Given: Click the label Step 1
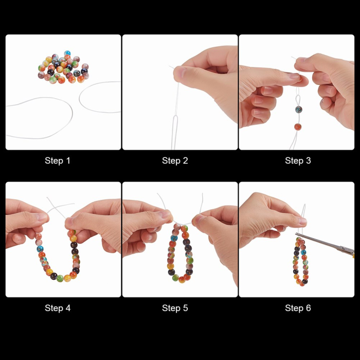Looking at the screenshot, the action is click(x=58, y=160).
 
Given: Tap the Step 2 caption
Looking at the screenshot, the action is click(x=175, y=160).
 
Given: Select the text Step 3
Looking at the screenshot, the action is click(x=298, y=160).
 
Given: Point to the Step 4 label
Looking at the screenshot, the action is click(x=58, y=308).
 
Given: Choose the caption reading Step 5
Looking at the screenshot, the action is click(x=175, y=308).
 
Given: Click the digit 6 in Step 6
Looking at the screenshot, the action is click(x=309, y=308).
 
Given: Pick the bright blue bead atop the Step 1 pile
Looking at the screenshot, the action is click(x=67, y=53).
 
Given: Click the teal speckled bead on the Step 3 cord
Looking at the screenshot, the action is click(x=298, y=109).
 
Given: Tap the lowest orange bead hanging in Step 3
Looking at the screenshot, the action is click(x=298, y=127).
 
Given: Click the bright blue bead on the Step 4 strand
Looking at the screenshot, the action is click(x=40, y=248).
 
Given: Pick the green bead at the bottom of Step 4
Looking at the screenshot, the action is click(x=60, y=278).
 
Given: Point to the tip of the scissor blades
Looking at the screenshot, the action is click(x=296, y=234).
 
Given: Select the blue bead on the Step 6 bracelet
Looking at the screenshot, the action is click(x=303, y=252).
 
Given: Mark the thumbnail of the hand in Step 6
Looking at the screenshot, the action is click(x=302, y=221).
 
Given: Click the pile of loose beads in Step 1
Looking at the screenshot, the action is click(x=63, y=67).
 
